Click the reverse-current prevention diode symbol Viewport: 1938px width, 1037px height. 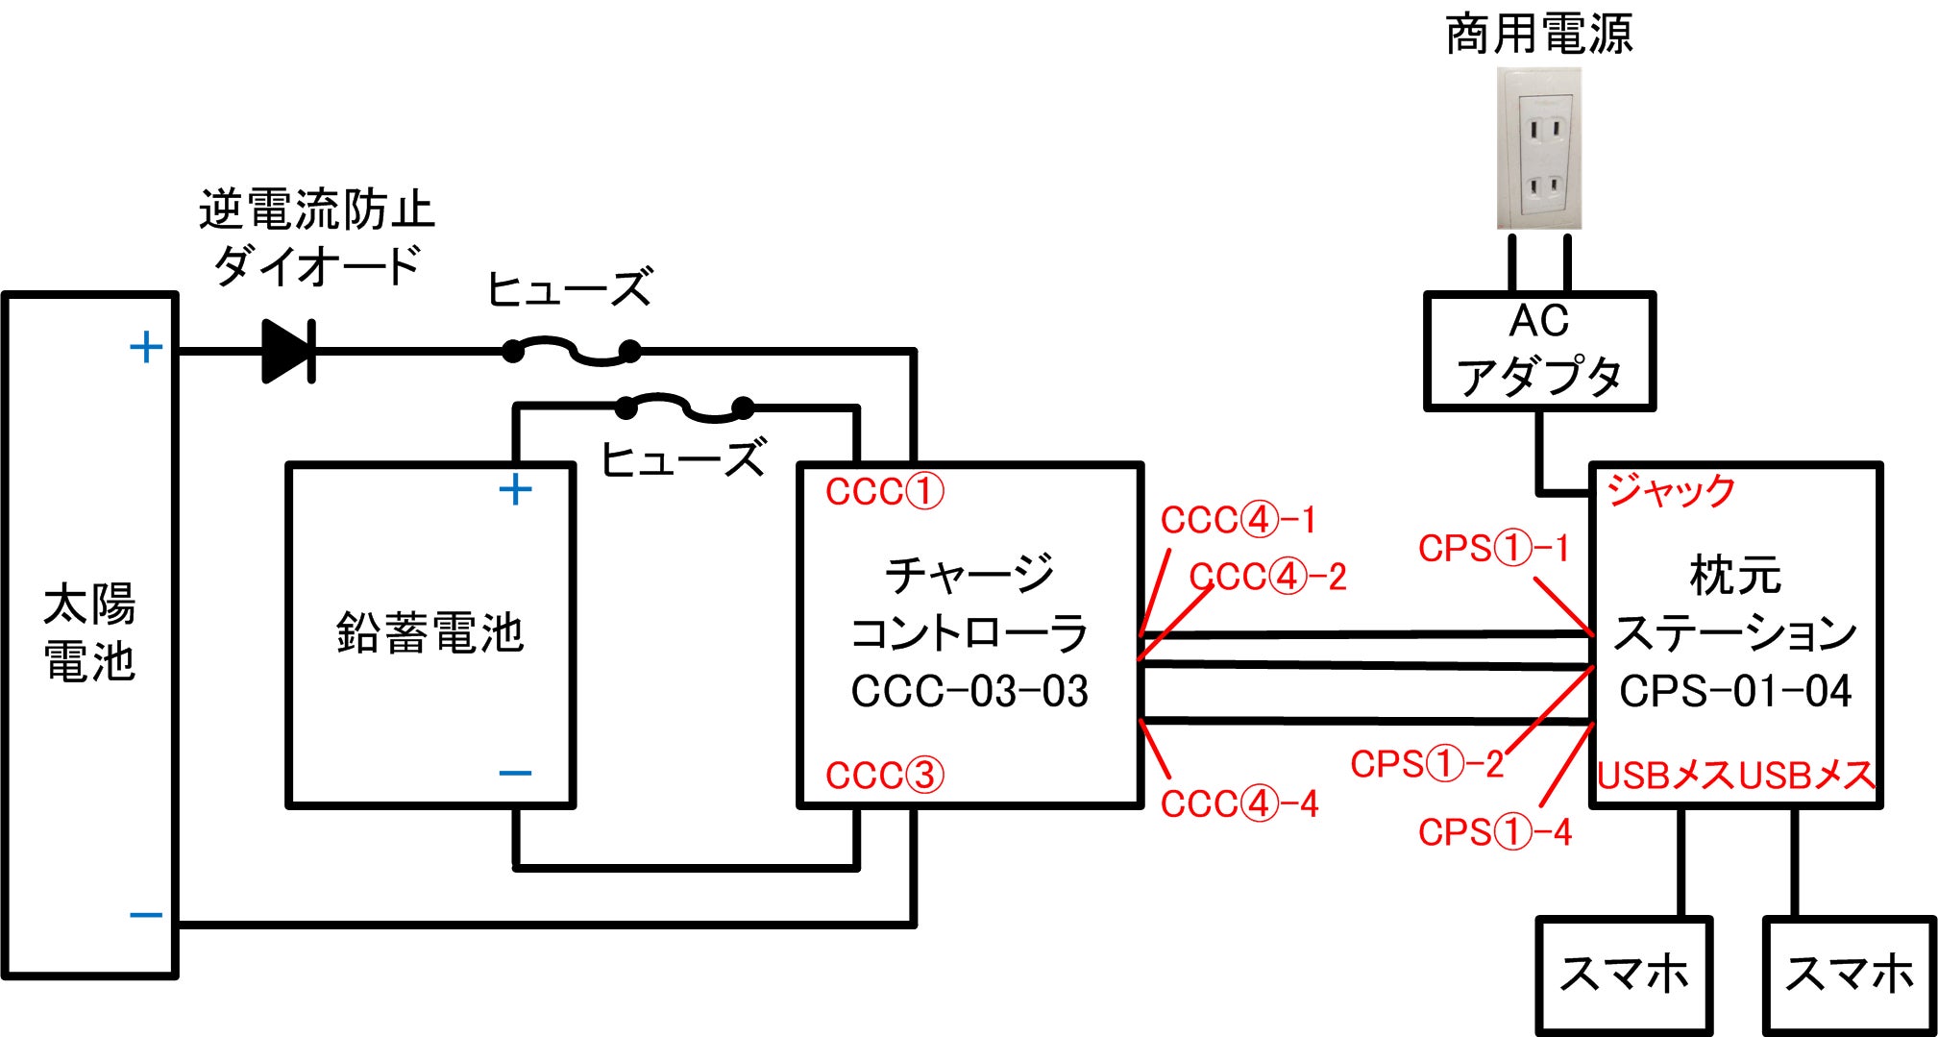coord(288,352)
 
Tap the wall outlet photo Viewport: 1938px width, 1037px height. coord(1538,149)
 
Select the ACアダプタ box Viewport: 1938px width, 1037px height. coord(1538,352)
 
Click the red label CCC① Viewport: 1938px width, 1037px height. coord(884,492)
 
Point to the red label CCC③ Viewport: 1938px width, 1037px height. coord(884,776)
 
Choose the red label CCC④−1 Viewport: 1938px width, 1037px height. coord(1238,521)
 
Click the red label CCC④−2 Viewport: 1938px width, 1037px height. coord(1267,577)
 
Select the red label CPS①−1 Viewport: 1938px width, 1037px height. coord(1493,549)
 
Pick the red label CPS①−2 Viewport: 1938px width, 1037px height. coord(1427,765)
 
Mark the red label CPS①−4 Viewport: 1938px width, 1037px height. coord(1494,832)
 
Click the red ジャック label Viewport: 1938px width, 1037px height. coord(1671,491)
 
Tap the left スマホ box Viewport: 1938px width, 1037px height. coord(1624,975)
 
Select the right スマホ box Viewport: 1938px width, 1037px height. coord(1849,975)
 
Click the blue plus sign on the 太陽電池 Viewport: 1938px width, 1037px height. coord(146,348)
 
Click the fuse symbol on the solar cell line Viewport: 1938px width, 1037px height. coord(572,352)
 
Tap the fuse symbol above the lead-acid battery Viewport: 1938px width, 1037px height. coord(684,408)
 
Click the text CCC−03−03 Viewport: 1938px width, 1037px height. coord(969,691)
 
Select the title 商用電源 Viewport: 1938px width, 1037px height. coord(1538,35)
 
